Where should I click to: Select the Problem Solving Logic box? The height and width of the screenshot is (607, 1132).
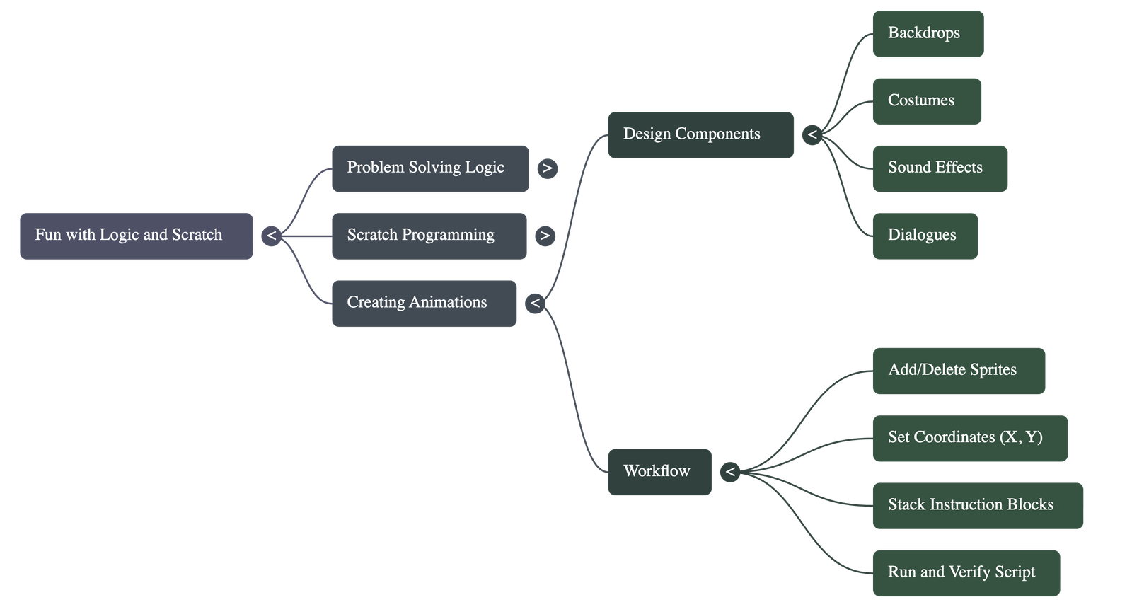point(429,168)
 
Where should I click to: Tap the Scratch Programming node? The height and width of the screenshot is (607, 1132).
point(429,236)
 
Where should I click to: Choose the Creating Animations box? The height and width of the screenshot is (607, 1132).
point(424,303)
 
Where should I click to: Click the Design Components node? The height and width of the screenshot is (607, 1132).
point(700,135)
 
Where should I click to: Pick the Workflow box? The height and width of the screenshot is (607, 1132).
point(659,472)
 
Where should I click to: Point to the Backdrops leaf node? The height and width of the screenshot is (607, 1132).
point(928,34)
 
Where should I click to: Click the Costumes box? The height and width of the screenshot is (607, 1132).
point(927,101)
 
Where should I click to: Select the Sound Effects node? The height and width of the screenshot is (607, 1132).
point(940,168)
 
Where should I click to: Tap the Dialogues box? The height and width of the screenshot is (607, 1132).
point(925,236)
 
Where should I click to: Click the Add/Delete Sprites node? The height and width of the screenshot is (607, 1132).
point(959,371)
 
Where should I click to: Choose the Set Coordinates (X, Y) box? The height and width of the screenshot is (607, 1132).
point(970,439)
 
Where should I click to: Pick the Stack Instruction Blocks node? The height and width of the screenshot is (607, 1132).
point(978,506)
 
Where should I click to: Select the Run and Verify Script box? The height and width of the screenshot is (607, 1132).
point(966,573)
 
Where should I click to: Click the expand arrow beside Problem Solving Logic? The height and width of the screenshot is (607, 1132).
point(547,168)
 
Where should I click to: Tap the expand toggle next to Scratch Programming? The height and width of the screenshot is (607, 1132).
point(545,236)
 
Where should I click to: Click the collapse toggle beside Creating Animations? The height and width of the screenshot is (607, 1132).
point(535,303)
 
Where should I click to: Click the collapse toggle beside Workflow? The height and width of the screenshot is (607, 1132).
point(730,472)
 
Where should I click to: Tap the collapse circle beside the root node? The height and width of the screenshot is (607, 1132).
point(271,236)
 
